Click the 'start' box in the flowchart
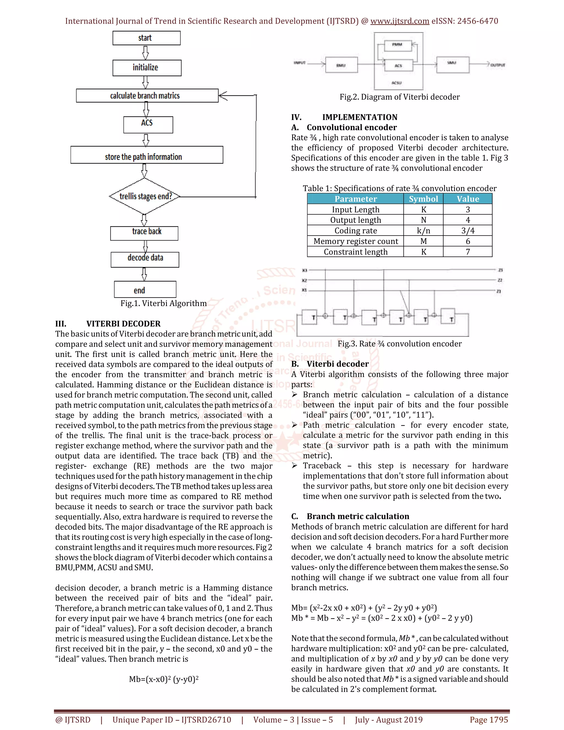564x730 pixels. point(146,38)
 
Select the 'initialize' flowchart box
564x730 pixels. point(147,68)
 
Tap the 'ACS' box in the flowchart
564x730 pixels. point(148,124)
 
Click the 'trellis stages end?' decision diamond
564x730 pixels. point(145,196)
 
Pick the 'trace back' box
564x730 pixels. point(144,233)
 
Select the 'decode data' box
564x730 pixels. point(145,259)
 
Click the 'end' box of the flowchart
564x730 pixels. point(145,290)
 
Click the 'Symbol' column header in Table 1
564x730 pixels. point(423,199)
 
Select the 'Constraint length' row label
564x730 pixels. point(355,252)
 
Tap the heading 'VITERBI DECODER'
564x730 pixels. point(123,324)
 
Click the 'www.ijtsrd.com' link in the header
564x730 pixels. point(400,21)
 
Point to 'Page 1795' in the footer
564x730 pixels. point(489,719)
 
